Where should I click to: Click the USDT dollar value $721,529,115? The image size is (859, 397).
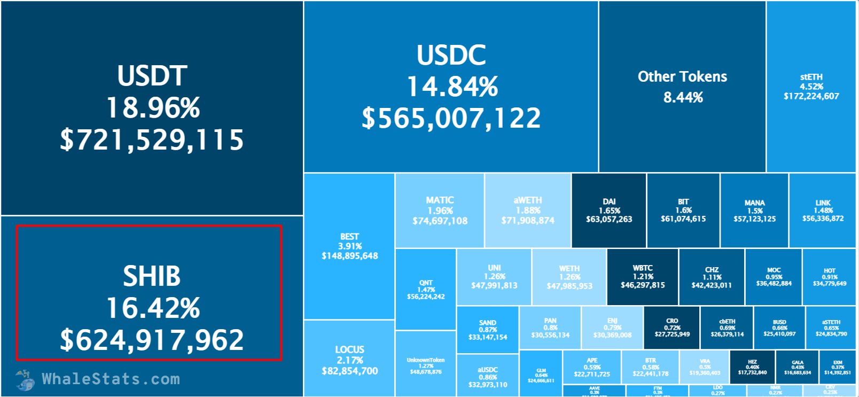pos(152,140)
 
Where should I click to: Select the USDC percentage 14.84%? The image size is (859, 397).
pos(452,87)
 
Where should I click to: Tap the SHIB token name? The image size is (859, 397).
pos(152,276)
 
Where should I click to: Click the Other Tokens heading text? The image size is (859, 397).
pos(682,77)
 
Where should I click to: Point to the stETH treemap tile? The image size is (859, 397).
pos(811,87)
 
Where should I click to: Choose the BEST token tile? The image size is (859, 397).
pos(349,246)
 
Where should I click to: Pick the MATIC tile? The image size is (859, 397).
pos(440,211)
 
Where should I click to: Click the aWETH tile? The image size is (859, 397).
pos(528,211)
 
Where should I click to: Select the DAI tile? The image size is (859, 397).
pos(609,211)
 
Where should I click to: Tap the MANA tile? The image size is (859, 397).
pos(754,211)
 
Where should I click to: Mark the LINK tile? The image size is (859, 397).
pos(823,211)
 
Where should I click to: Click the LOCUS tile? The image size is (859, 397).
pos(349,360)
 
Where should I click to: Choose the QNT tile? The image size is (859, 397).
pos(426,289)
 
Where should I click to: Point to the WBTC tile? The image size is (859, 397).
pos(643,276)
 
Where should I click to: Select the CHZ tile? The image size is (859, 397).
pos(712,277)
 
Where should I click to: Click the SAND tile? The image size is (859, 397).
pos(488,330)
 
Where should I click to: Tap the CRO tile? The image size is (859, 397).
pos(672,328)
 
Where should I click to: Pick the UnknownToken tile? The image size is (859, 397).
pos(426,365)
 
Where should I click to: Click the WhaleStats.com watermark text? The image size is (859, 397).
pos(111,379)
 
